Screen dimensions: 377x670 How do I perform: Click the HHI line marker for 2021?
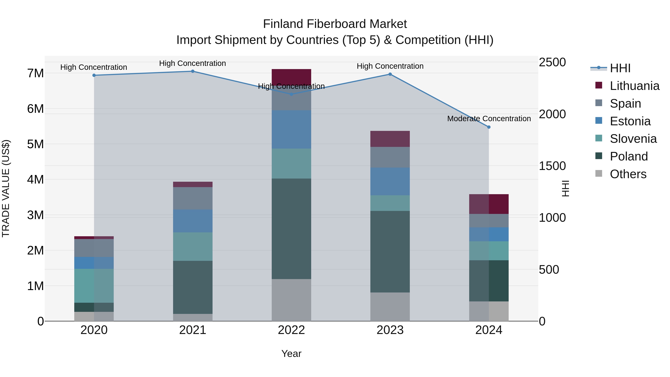pyautogui.click(x=193, y=71)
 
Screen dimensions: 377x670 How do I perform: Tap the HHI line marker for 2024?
pyautogui.click(x=489, y=127)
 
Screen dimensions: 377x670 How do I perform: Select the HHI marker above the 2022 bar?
pyautogui.click(x=291, y=94)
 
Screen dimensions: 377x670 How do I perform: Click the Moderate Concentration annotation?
pyautogui.click(x=489, y=119)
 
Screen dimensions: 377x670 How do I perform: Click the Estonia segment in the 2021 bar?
pyautogui.click(x=193, y=221)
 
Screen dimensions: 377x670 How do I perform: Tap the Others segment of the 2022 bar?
pyautogui.click(x=291, y=300)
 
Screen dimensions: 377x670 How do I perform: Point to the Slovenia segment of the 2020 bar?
pyautogui.click(x=94, y=286)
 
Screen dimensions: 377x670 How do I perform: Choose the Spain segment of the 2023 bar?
pyautogui.click(x=390, y=157)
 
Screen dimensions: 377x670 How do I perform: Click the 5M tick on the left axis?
pyautogui.click(x=35, y=144)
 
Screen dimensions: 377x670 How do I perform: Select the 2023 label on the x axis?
pyautogui.click(x=390, y=330)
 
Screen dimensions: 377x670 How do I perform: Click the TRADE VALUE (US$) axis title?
pyautogui.click(x=6, y=188)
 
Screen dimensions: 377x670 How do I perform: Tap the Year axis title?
pyautogui.click(x=291, y=354)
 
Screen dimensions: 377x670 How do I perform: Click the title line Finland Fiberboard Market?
pyautogui.click(x=335, y=24)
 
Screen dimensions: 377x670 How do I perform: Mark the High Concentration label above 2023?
pyautogui.click(x=390, y=66)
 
